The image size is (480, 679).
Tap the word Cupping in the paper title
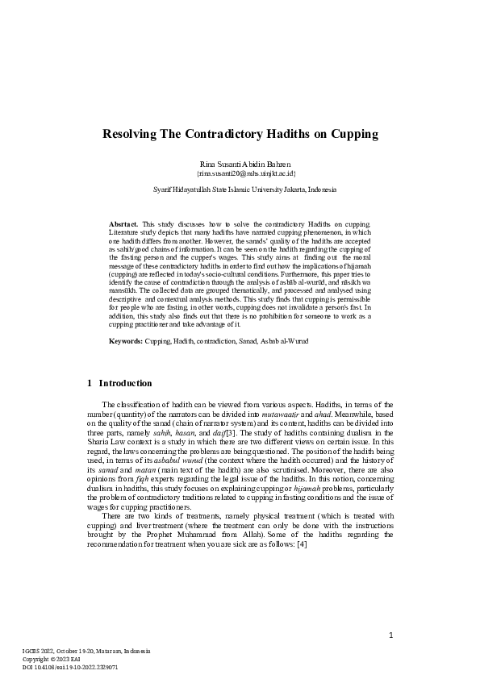349,134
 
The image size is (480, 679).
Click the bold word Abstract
123,223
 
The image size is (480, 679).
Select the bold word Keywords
125,341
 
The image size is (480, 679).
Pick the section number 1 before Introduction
89,382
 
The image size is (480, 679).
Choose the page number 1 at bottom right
390,635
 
